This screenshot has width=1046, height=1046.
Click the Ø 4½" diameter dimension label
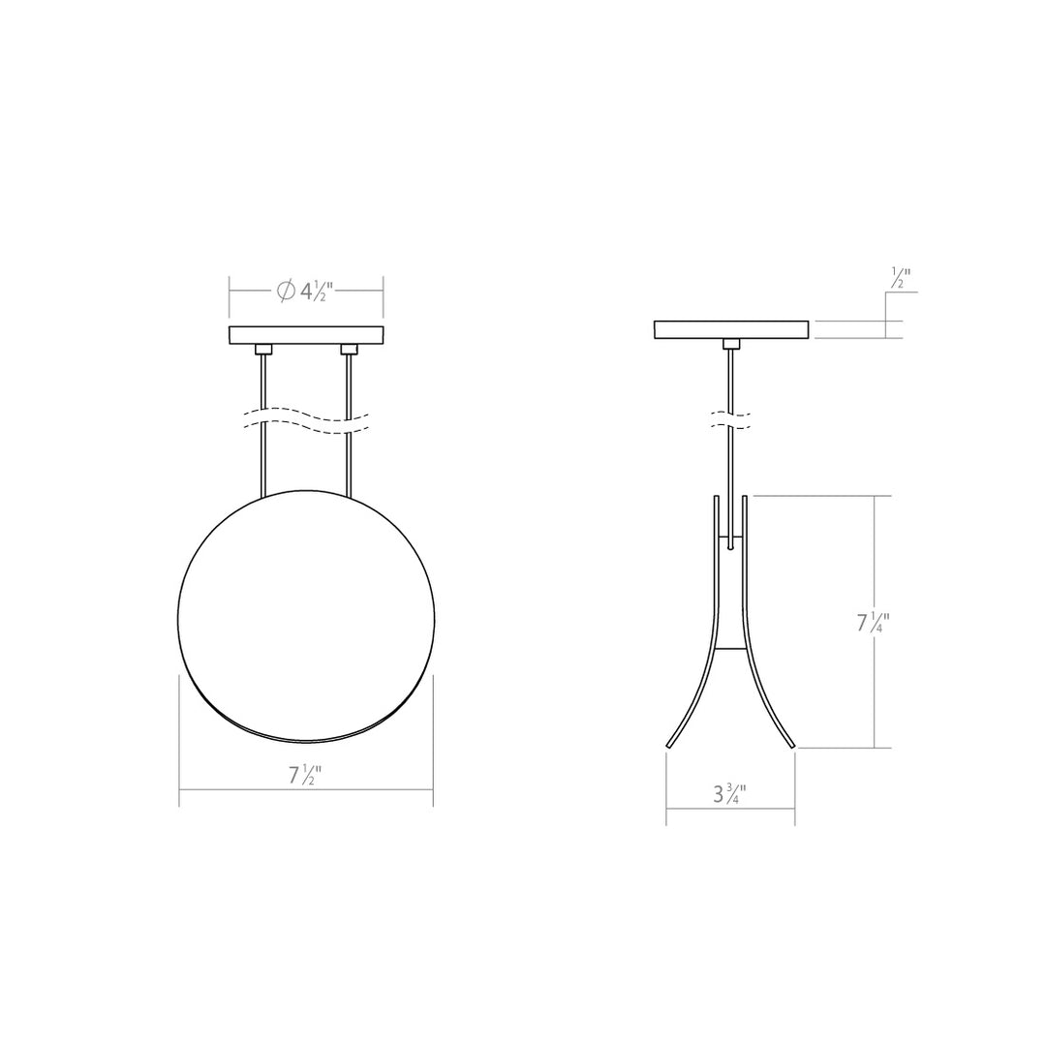pyautogui.click(x=306, y=291)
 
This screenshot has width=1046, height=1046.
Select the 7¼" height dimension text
pyautogui.click(x=872, y=623)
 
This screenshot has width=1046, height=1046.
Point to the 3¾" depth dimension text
pyautogui.click(x=729, y=795)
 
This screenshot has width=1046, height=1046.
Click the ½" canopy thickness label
pyautogui.click(x=900, y=278)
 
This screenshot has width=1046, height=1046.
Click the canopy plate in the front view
pyautogui.click(x=306, y=335)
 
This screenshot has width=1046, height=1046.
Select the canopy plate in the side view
pyautogui.click(x=731, y=329)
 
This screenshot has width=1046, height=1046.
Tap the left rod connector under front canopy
pyautogui.click(x=263, y=350)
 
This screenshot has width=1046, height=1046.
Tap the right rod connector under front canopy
pyautogui.click(x=350, y=350)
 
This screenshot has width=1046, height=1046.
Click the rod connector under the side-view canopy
pyautogui.click(x=731, y=344)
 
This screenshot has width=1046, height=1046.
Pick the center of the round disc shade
pyautogui.click(x=306, y=617)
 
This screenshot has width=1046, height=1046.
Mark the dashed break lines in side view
pyautogui.click(x=731, y=419)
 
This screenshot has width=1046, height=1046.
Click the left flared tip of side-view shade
pyautogui.click(x=670, y=744)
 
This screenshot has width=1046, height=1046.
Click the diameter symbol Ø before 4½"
pyautogui.click(x=286, y=291)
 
